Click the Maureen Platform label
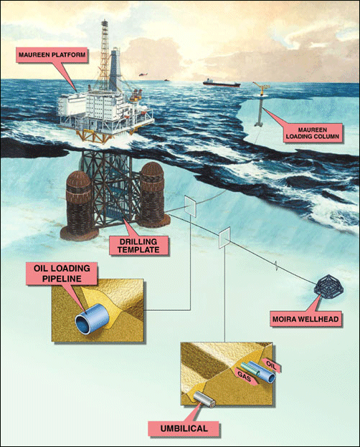(x=52, y=54)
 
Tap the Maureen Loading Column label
(x=313, y=133)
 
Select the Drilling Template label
(x=138, y=246)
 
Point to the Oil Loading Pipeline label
(x=62, y=274)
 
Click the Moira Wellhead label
(x=305, y=319)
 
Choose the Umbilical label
(x=184, y=428)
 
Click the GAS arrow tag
(x=245, y=377)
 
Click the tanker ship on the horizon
(x=222, y=83)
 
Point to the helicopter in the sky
(x=143, y=74)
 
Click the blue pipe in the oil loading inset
(x=92, y=319)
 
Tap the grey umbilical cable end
(x=204, y=399)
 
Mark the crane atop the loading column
(x=262, y=87)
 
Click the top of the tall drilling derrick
(x=105, y=21)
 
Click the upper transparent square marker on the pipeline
(x=191, y=206)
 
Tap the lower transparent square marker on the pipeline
(x=224, y=238)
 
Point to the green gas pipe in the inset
(x=250, y=369)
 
